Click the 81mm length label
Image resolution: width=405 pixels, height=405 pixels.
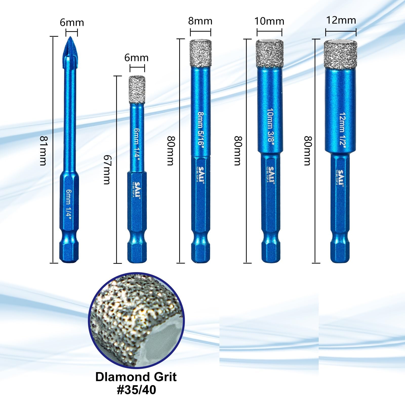[43, 151]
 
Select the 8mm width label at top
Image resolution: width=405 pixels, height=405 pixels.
[200, 21]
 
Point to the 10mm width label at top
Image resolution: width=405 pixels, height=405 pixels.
[269, 21]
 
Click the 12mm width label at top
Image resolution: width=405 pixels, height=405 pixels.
[341, 20]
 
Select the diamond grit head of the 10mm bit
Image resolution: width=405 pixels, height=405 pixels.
[269, 53]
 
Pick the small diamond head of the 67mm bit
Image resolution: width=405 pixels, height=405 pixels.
[137, 90]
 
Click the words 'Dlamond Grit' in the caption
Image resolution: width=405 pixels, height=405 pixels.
[136, 377]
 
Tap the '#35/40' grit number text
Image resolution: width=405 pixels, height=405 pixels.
[136, 390]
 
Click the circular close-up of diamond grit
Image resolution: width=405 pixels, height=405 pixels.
[136, 320]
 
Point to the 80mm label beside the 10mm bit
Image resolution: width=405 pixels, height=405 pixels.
[237, 151]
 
